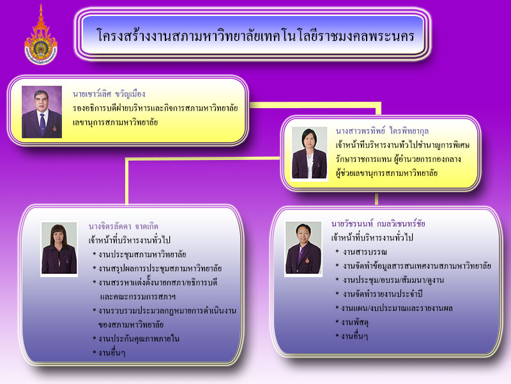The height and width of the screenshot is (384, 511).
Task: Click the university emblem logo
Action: click(41, 35)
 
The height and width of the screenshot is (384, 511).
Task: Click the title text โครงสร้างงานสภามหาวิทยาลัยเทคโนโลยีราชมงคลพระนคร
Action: click(256, 35)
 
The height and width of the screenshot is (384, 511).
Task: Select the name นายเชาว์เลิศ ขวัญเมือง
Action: click(109, 94)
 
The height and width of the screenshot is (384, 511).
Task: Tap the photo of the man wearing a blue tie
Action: click(42, 111)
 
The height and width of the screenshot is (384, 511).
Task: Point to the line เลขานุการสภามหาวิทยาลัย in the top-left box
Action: click(115, 122)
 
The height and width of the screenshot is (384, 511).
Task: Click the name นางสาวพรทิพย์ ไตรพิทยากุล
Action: click(382, 131)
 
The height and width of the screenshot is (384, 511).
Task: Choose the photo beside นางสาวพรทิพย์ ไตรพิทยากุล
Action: click(309, 153)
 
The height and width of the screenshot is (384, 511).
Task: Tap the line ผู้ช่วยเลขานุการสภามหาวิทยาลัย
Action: click(386, 173)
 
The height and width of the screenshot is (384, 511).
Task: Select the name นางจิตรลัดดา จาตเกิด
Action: click(123, 227)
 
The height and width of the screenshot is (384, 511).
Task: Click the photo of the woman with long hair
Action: click(59, 248)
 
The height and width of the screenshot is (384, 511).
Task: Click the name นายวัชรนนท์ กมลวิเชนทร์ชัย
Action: click(378, 223)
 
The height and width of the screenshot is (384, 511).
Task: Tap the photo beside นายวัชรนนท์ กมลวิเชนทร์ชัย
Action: click(303, 248)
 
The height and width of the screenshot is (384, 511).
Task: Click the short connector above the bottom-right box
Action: click(376, 199)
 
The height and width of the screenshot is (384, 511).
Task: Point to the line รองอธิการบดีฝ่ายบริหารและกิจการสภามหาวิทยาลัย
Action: click(155, 108)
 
